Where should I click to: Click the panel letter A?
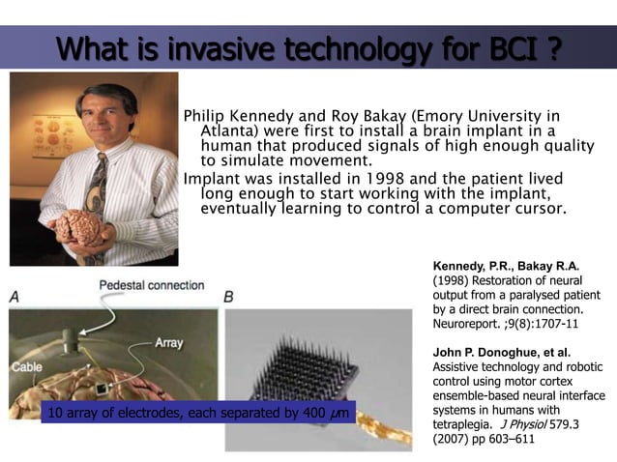point(15,299)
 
